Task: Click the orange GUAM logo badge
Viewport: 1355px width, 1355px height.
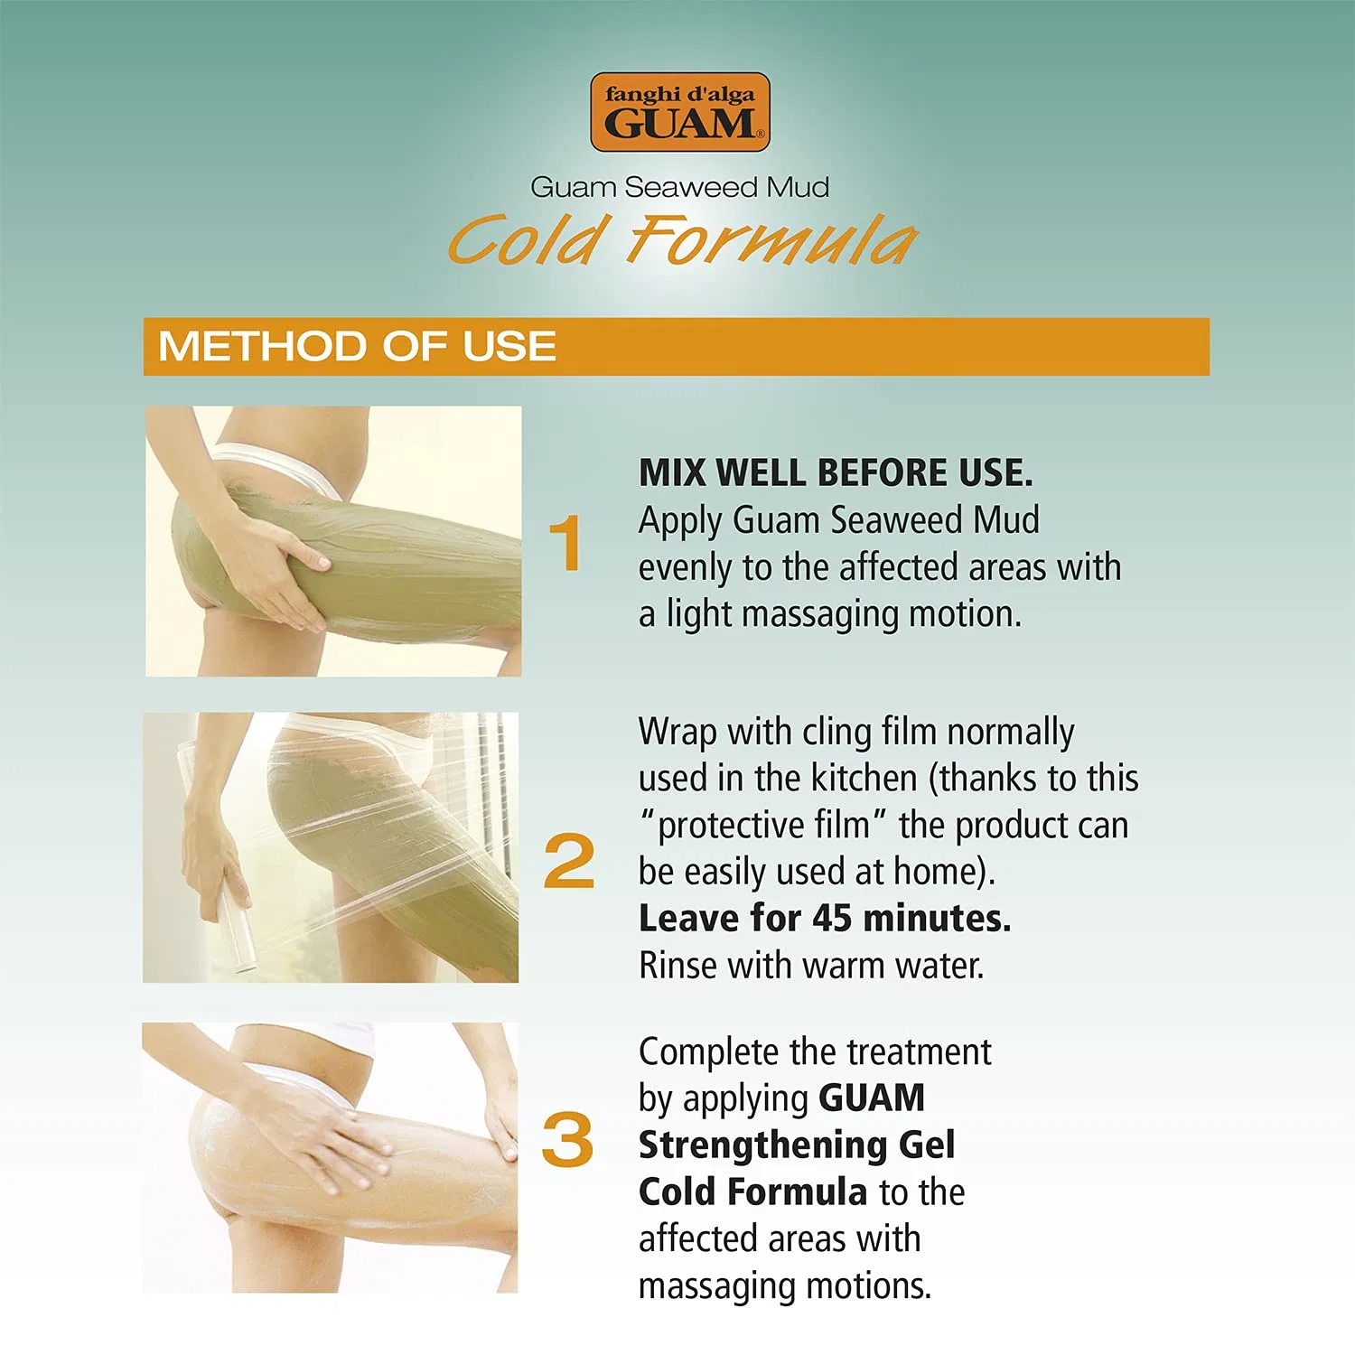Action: [679, 112]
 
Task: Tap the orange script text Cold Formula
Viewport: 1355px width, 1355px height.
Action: [682, 240]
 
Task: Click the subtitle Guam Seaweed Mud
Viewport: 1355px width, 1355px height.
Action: [679, 187]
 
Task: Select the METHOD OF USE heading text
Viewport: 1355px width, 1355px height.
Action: [357, 346]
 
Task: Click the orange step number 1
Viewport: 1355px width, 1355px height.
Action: [565, 543]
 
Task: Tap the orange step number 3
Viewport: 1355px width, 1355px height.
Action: [567, 1139]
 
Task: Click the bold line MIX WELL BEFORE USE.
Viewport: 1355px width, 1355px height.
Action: [836, 472]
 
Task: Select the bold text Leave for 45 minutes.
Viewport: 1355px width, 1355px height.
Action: [825, 918]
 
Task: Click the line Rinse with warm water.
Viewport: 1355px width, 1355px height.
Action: [811, 965]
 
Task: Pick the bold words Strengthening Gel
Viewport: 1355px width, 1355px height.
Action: [797, 1145]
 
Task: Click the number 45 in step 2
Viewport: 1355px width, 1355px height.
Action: [832, 918]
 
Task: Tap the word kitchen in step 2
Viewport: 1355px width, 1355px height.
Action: [864, 778]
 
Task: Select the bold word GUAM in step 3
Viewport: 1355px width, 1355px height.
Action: [872, 1098]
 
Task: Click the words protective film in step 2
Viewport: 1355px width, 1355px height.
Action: [762, 825]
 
